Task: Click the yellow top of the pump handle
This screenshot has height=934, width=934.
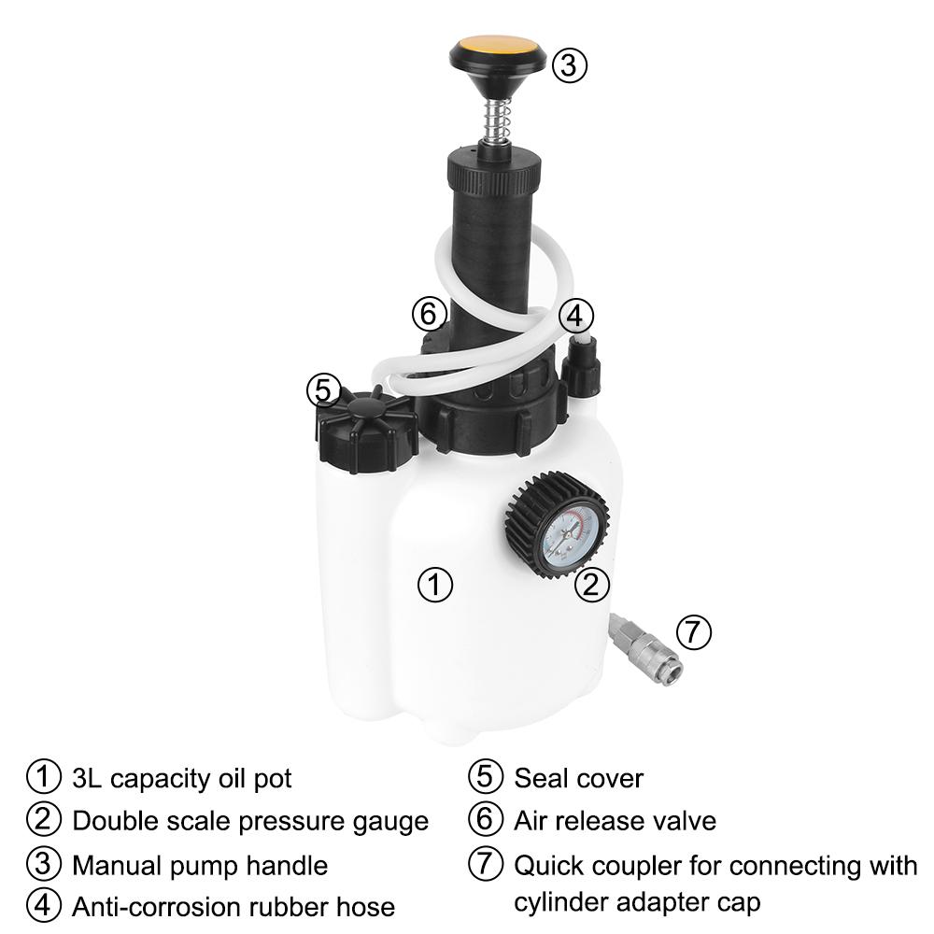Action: click(x=496, y=47)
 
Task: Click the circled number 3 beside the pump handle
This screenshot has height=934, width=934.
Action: click(x=570, y=64)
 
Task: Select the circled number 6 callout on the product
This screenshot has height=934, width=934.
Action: click(x=429, y=314)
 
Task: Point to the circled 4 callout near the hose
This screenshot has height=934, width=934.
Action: click(x=576, y=316)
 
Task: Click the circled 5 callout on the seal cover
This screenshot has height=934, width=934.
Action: click(x=323, y=389)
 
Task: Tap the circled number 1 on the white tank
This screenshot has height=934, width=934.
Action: click(x=434, y=586)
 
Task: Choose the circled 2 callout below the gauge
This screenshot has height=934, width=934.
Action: click(x=591, y=586)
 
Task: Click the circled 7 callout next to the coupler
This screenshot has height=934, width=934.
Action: click(x=693, y=632)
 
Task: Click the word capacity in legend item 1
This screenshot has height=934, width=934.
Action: click(x=169, y=778)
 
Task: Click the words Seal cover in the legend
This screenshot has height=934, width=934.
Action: click(x=578, y=777)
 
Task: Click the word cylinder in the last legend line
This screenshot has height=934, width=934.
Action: click(x=559, y=903)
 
